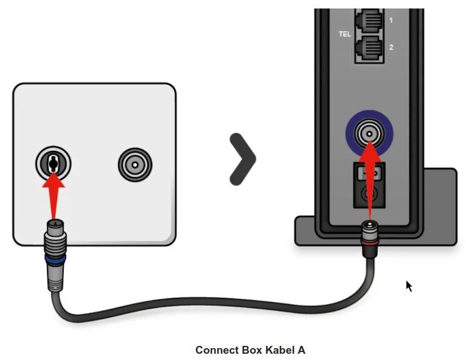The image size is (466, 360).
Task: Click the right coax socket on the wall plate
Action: point(135,164)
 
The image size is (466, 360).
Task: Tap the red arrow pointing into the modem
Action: point(369,175)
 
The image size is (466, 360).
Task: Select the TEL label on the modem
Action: point(344,34)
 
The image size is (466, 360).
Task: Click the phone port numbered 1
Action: point(369,22)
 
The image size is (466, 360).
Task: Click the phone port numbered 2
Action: point(369,48)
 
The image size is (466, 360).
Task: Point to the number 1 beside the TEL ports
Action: point(391,20)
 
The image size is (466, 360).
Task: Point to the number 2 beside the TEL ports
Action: point(391,48)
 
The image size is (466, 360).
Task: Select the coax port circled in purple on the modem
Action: point(369,134)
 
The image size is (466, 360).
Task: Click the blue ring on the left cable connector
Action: point(55,260)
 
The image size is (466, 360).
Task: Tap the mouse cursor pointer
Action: point(409,286)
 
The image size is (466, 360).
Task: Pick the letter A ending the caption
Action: point(301,350)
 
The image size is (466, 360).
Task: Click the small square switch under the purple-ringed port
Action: point(369,171)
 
